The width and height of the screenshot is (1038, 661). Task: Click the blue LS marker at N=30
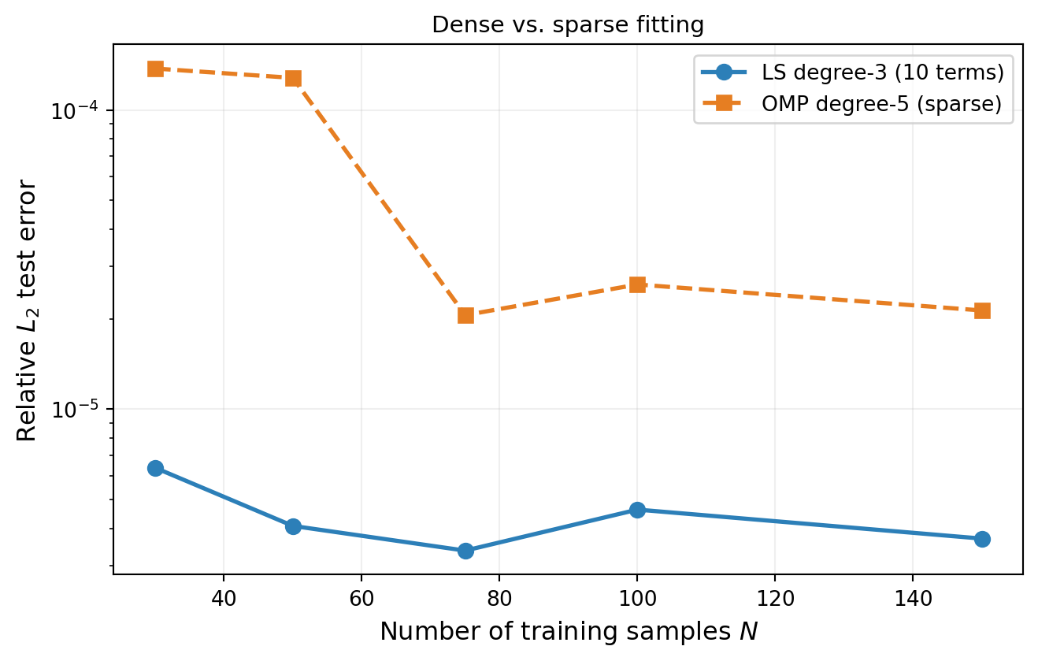coord(155,468)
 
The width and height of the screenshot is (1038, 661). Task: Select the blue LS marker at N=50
coord(293,526)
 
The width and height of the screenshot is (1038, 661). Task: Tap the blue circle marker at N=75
coord(465,551)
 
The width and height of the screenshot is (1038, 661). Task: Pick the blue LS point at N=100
coord(637,510)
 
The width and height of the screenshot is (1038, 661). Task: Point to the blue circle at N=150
coord(982,539)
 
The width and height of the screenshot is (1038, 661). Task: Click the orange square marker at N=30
coord(155,69)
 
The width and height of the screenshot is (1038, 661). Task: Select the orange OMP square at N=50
coord(293,78)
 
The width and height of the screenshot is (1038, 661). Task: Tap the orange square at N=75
coord(465,315)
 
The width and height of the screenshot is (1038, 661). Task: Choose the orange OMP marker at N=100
coord(637,284)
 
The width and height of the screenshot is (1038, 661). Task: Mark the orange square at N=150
coord(982,310)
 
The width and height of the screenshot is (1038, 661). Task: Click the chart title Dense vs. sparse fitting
coord(568,25)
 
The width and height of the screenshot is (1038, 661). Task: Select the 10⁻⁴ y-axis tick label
coord(77,110)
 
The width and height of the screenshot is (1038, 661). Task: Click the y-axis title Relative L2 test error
coord(27,310)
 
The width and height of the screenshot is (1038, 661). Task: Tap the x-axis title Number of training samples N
coord(568,632)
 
